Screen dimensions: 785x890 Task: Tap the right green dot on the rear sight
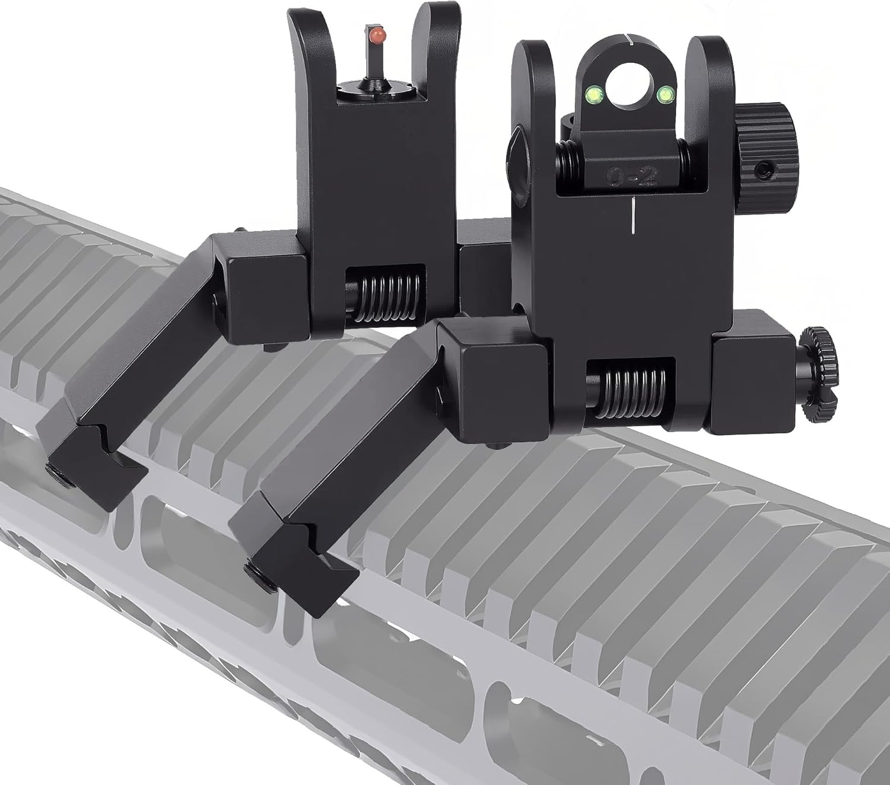[x=665, y=92]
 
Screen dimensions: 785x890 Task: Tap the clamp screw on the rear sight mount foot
[x=256, y=569]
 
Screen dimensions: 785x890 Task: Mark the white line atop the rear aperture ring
[x=630, y=42]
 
